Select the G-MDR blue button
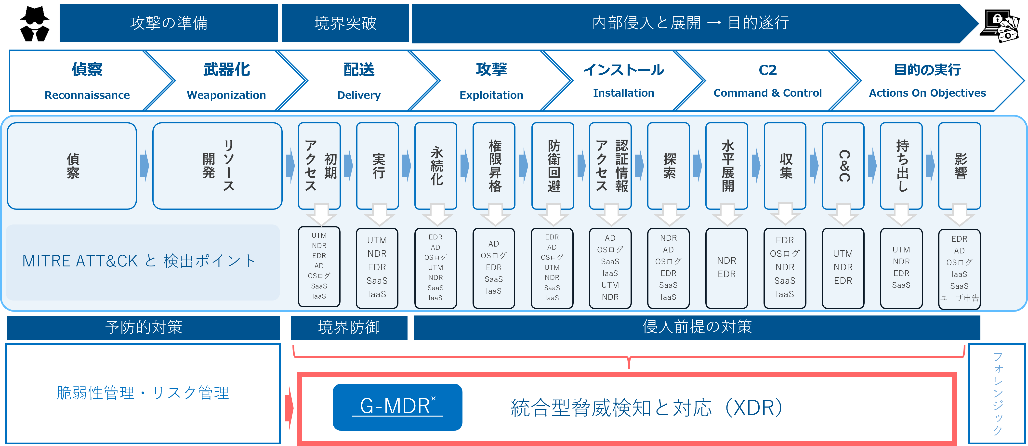[397, 407]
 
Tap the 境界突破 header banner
[345, 23]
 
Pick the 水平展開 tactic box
[727, 166]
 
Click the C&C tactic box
[843, 166]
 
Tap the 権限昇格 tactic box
[494, 166]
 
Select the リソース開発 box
[217, 166]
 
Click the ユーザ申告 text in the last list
[959, 298]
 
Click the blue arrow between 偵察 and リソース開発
[145, 166]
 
